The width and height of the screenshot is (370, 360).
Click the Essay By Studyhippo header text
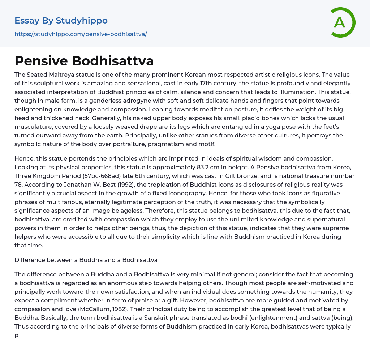click(61, 21)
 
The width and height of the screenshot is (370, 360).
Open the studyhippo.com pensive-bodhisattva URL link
click(81, 34)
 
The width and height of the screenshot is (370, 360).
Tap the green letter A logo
click(340, 22)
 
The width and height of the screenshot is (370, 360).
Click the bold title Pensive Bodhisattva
click(84, 61)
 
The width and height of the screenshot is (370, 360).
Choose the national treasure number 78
click(19, 185)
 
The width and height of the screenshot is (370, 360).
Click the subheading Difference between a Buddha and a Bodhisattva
click(86, 260)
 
